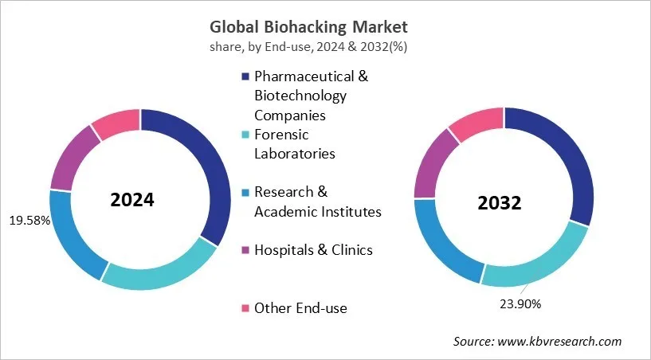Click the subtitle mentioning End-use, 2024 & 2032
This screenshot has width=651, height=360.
tap(325, 46)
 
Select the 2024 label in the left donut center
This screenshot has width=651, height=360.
tap(132, 200)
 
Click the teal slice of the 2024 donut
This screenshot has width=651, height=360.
tap(159, 271)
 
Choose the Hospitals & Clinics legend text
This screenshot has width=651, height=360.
tap(313, 250)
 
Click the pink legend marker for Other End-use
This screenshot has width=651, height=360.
tap(245, 308)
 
